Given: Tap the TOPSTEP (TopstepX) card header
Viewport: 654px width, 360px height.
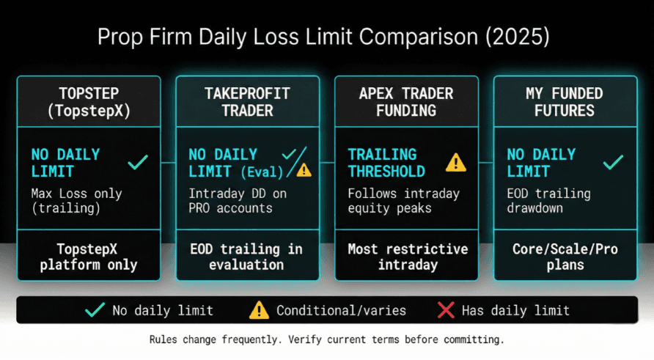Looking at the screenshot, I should [x=88, y=102].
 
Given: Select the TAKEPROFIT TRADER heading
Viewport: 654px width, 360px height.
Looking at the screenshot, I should [x=247, y=102].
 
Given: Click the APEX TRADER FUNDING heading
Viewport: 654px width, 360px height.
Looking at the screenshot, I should [x=406, y=102].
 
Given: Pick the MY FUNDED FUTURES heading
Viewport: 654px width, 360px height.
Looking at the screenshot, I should [x=565, y=102].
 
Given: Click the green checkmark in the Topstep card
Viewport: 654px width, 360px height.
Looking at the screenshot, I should [x=137, y=163].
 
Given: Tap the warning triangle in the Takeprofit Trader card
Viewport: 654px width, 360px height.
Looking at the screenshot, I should [x=304, y=170].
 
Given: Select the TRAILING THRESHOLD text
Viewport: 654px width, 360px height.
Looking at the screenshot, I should [x=386, y=163].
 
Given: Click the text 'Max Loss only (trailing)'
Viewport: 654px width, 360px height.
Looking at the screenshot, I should [x=77, y=201].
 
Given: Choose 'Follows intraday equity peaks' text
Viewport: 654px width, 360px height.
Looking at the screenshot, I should [x=403, y=201].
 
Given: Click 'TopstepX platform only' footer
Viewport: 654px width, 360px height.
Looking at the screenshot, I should [x=88, y=257].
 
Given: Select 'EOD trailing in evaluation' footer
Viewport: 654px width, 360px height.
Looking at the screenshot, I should [x=247, y=257].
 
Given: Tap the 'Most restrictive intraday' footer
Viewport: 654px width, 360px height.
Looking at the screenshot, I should [x=406, y=257].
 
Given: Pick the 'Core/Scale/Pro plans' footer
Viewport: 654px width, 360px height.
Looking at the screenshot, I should [x=565, y=257].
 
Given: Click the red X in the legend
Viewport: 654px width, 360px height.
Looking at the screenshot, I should [x=446, y=310].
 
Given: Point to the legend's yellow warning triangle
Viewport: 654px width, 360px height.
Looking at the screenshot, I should [x=259, y=310].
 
